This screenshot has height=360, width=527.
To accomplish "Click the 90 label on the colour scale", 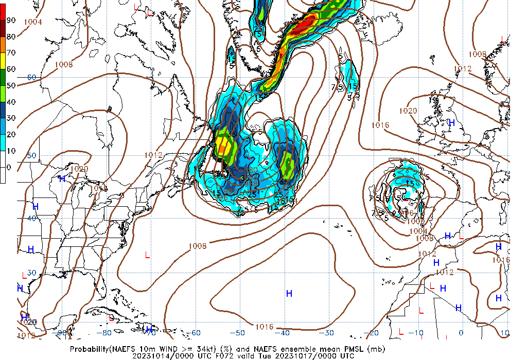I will (x=11, y=20).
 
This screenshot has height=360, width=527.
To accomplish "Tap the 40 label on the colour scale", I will (x=11, y=102).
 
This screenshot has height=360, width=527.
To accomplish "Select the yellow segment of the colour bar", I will (x=3, y=61).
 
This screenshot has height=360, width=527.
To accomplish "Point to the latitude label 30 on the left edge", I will (x=31, y=273).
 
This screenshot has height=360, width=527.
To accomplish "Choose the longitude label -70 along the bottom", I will (x=150, y=333).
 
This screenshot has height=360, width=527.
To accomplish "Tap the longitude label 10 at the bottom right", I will (x=505, y=333).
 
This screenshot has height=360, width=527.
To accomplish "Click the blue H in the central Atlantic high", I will (x=289, y=294).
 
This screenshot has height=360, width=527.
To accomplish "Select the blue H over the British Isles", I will (x=452, y=123).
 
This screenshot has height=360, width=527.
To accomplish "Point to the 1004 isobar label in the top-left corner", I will (x=33, y=22).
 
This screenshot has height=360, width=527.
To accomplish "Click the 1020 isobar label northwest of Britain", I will (x=408, y=111).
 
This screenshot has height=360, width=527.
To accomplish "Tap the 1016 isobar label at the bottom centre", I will (x=265, y=327).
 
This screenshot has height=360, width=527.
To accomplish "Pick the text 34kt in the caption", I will (x=203, y=349).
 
